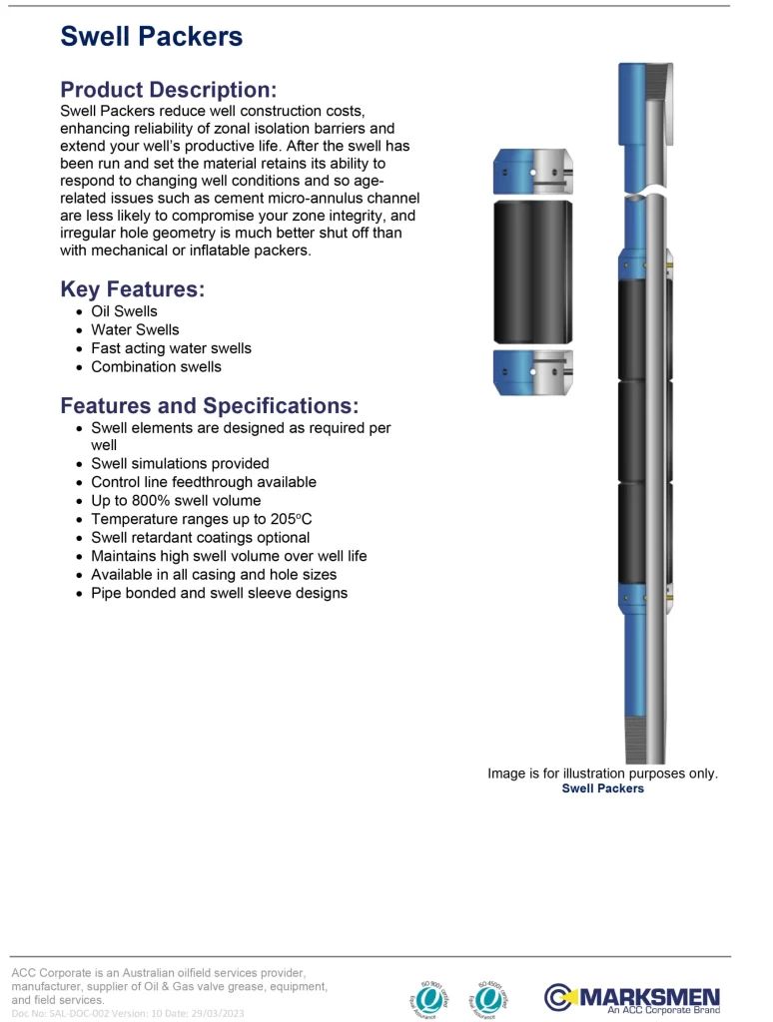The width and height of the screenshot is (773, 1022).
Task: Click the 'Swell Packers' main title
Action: click(151, 37)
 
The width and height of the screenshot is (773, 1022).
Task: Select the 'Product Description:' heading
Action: click(168, 90)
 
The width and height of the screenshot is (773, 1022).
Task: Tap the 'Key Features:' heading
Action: click(132, 289)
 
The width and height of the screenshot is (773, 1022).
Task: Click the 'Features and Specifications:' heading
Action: click(209, 406)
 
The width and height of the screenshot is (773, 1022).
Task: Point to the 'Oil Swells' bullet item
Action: click(124, 311)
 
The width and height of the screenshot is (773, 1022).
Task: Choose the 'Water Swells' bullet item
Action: click(135, 329)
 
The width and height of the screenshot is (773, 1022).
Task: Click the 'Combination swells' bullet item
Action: click(156, 366)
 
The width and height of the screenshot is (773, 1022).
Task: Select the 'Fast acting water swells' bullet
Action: click(171, 348)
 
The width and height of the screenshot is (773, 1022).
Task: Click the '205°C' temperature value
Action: click(291, 519)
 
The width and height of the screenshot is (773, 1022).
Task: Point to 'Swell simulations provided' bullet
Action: click(180, 463)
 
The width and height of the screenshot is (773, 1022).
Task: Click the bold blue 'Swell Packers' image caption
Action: click(602, 788)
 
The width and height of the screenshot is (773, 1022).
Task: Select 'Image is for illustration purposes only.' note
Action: click(602, 773)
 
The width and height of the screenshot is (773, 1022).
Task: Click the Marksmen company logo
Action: click(631, 997)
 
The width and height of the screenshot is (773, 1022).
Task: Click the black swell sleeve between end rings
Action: click(533, 271)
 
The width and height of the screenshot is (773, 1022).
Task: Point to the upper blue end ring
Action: click(533, 173)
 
